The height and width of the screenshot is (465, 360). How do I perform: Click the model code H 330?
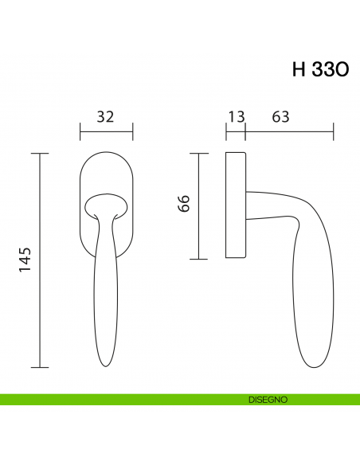pyautogui.click(x=320, y=69)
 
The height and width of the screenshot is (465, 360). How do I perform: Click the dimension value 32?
pyautogui.click(x=105, y=116)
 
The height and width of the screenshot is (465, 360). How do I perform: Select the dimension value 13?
pyautogui.click(x=236, y=116)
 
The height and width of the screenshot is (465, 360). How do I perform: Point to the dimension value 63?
pyautogui.click(x=280, y=116)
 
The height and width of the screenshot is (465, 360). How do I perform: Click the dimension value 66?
pyautogui.click(x=184, y=203)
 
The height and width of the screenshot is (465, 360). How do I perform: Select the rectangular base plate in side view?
pyautogui.click(x=236, y=205)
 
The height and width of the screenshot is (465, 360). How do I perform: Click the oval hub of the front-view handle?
pyautogui.click(x=107, y=206)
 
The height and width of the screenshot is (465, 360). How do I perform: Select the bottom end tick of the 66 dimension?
pyautogui.click(x=198, y=260)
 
